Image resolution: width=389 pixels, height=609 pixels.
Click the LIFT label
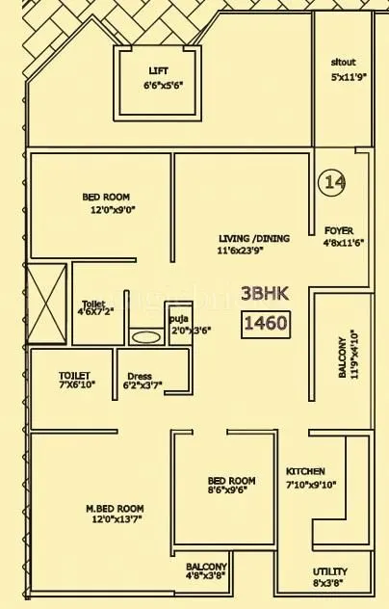pos(158,71)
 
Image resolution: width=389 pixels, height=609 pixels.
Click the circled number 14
pos(334,181)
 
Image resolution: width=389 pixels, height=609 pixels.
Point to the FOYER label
pos(324,231)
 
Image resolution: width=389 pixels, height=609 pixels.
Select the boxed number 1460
pos(264,322)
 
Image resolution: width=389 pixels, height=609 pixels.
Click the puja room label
pos(178,317)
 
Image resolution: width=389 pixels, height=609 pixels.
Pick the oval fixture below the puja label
pos(145,338)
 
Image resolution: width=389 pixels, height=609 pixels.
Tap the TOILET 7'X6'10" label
pos(74,376)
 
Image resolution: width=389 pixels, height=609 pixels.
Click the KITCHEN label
pos(305,471)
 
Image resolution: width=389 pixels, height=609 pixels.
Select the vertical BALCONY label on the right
pos(342,357)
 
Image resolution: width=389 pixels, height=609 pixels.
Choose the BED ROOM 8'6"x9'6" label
pos(231,481)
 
